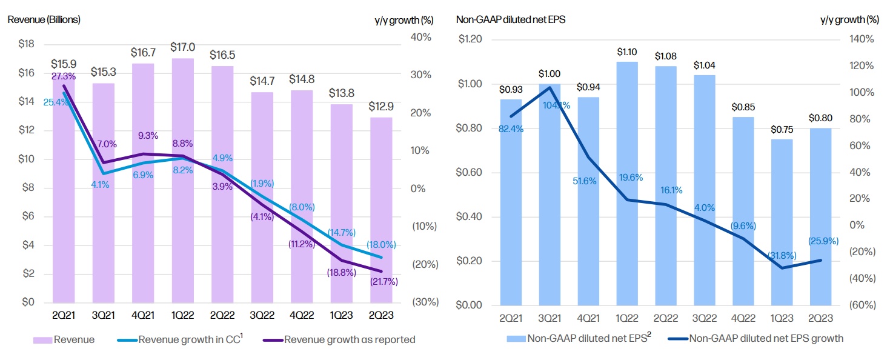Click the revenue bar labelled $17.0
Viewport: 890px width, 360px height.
[183, 182]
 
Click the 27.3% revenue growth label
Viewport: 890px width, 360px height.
[64, 76]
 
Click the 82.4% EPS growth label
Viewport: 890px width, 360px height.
[511, 128]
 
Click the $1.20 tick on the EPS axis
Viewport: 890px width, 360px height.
[471, 39]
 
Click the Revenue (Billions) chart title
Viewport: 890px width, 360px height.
[44, 19]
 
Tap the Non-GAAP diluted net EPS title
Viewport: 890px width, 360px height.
[510, 19]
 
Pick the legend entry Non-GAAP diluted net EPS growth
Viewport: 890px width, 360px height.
[766, 338]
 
